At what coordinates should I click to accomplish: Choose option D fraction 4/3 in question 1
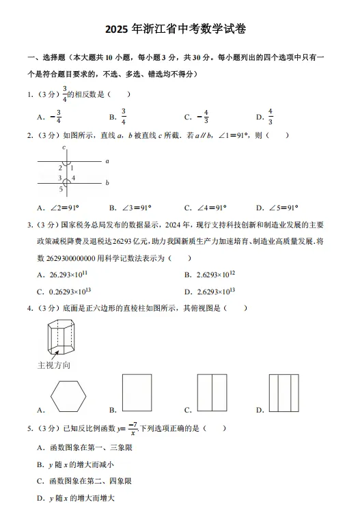pyautogui.click(x=270, y=117)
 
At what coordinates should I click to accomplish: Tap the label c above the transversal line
pyautogui.click(x=64, y=148)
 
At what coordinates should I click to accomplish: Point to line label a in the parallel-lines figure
pyautogui.click(x=107, y=161)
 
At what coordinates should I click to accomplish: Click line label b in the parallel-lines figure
pyautogui.click(x=107, y=182)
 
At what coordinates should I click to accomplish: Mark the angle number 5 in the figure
pyautogui.click(x=60, y=189)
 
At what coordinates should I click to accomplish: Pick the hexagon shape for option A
pyautogui.click(x=68, y=393)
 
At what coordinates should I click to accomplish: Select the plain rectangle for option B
pyautogui.click(x=137, y=393)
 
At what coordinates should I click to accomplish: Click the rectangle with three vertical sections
pyautogui.click(x=283, y=393)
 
